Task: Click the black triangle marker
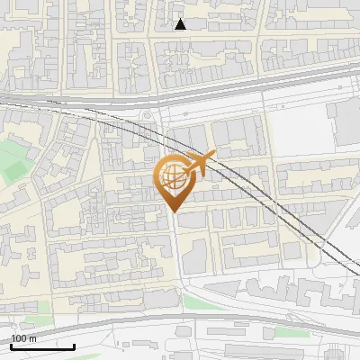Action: tap(181, 24)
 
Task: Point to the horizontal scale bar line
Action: tap(42, 346)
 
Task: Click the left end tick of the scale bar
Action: tap(11, 344)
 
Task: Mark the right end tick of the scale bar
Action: tap(75, 344)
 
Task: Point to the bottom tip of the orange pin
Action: tap(173, 211)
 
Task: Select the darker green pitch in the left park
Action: tap(13, 162)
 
